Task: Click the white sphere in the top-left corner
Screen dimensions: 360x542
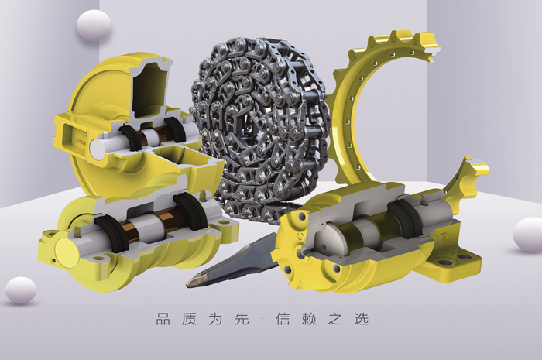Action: click(x=94, y=26)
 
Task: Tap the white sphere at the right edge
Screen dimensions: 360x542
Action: click(x=528, y=234)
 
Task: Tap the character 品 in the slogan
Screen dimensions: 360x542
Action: click(x=163, y=319)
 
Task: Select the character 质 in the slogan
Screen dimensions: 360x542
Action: click(x=190, y=319)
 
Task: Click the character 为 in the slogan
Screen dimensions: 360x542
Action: click(x=218, y=319)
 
